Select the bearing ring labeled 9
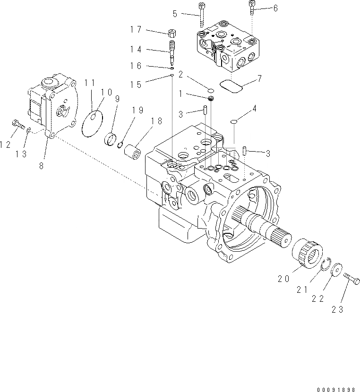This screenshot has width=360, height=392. (112, 139)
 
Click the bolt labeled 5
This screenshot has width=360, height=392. (202, 15)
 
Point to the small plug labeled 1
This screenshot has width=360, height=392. (212, 98)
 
